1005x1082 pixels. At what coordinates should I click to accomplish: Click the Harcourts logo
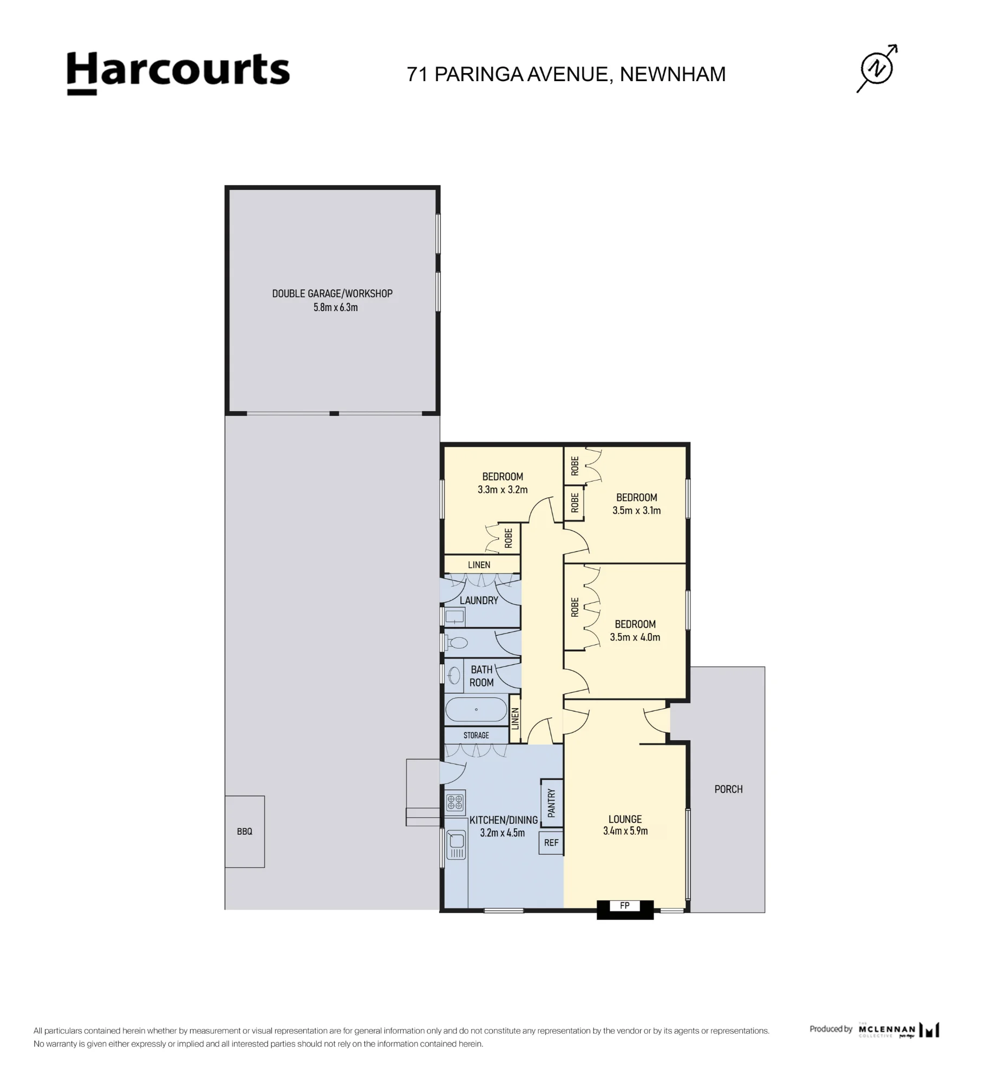pyautogui.click(x=178, y=73)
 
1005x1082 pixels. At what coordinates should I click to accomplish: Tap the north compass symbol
pyautogui.click(x=877, y=69)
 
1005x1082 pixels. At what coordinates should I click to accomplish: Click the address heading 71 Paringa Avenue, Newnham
pyautogui.click(x=566, y=75)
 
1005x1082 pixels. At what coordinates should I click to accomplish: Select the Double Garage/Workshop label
pyautogui.click(x=332, y=293)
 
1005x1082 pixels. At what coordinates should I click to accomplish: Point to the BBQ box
pyautogui.click(x=245, y=832)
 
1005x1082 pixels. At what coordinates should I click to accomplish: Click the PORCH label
pyautogui.click(x=728, y=789)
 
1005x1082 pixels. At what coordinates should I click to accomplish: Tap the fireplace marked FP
pyautogui.click(x=625, y=909)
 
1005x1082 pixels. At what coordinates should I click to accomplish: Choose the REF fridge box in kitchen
pyautogui.click(x=551, y=843)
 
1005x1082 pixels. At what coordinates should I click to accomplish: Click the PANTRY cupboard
pyautogui.click(x=551, y=803)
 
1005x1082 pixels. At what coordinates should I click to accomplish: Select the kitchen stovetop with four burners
pyautogui.click(x=455, y=802)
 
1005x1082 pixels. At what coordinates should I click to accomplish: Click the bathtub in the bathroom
pyautogui.click(x=477, y=710)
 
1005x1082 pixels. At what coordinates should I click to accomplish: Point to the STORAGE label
pyautogui.click(x=476, y=735)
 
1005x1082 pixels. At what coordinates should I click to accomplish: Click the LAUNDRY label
pyautogui.click(x=479, y=601)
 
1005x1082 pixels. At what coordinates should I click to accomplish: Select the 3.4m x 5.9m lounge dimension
pyautogui.click(x=625, y=831)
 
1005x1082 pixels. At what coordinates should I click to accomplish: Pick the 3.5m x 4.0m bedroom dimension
pyautogui.click(x=635, y=637)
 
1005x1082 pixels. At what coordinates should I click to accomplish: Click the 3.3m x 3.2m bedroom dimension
pyautogui.click(x=502, y=490)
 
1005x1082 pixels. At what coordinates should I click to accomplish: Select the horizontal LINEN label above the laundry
pyautogui.click(x=479, y=565)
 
